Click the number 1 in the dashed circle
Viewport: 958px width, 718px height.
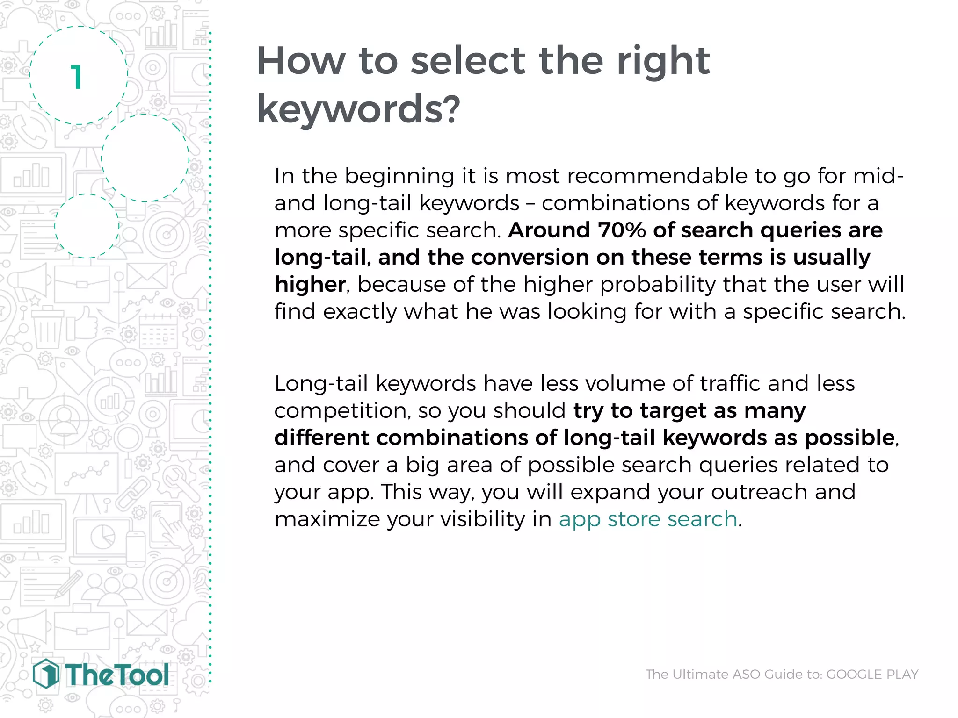(x=77, y=78)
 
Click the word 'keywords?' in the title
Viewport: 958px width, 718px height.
(x=358, y=109)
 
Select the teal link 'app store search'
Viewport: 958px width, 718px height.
(x=648, y=519)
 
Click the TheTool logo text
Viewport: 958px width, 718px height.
(x=117, y=675)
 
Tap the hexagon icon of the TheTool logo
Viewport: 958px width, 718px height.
(x=46, y=674)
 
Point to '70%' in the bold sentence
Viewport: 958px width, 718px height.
(x=622, y=230)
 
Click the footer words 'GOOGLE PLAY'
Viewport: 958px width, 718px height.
(x=872, y=674)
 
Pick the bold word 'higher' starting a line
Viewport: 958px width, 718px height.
(x=310, y=285)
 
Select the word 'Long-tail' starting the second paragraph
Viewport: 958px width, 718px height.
(x=321, y=384)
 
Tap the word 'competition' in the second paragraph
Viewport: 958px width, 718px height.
(x=340, y=411)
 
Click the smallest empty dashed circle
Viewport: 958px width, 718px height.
(x=87, y=226)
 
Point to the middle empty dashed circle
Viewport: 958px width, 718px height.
(x=145, y=158)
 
